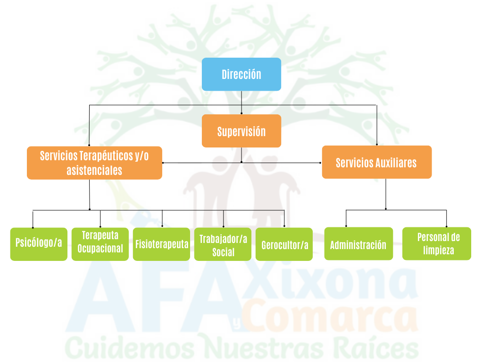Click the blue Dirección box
pyautogui.click(x=241, y=74)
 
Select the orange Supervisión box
pyautogui.click(x=241, y=131)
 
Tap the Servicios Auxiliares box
pyautogui.click(x=376, y=162)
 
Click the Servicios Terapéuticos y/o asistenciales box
pyautogui.click(x=94, y=163)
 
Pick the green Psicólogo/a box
pyautogui.click(x=39, y=244)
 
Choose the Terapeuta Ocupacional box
pyautogui.click(x=100, y=244)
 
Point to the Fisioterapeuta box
pyautogui.click(x=161, y=244)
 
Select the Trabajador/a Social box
pyautogui.click(x=223, y=244)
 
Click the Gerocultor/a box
pyautogui.click(x=284, y=244)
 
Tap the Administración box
pyautogui.click(x=358, y=244)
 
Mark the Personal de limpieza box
pyautogui.click(x=436, y=244)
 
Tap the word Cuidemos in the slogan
pyautogui.click(x=129, y=349)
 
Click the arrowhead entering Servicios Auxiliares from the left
pyautogui.click(x=320, y=163)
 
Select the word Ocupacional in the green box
pyautogui.click(x=100, y=249)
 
